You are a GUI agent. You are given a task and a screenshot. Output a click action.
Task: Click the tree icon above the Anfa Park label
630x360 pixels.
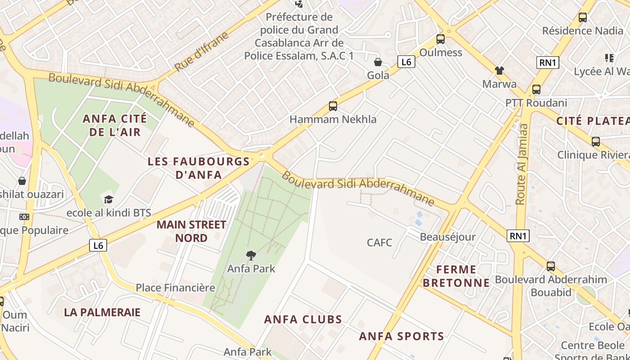[251, 256]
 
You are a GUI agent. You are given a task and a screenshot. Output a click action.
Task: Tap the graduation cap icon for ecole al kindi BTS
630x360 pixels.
[108, 199]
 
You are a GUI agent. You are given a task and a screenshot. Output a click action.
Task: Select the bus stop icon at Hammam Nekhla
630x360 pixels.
[333, 106]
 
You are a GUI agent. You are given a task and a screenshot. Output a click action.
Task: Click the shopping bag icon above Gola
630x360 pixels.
[378, 62]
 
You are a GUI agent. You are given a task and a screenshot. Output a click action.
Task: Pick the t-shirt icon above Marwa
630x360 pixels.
[499, 71]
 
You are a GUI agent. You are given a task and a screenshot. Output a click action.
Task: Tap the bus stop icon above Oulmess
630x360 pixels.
[441, 39]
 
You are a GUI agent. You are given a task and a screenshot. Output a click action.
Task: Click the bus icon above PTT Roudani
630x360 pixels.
[536, 89]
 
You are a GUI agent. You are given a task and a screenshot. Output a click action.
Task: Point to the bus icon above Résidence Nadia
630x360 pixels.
[583, 18]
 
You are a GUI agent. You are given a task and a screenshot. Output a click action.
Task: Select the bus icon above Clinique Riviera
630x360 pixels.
[596, 142]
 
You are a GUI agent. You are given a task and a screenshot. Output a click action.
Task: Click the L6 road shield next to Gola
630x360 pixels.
[406, 62]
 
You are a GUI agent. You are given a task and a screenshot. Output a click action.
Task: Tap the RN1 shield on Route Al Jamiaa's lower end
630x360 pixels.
[518, 236]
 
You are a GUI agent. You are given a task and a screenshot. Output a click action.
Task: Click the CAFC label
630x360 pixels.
[379, 243]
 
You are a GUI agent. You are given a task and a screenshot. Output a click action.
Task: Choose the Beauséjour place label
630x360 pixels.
[447, 237]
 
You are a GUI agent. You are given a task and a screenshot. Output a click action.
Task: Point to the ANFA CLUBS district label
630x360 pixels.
[303, 319]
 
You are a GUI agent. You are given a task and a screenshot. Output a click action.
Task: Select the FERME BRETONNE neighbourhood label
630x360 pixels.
[456, 276]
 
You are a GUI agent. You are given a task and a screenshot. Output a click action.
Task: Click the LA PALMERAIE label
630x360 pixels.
[102, 312]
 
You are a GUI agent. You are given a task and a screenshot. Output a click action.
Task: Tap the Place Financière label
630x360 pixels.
[175, 288]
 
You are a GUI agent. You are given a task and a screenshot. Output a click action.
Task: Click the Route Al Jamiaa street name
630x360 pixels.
[522, 164]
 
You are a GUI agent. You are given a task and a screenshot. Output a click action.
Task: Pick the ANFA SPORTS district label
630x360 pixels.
[401, 336]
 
